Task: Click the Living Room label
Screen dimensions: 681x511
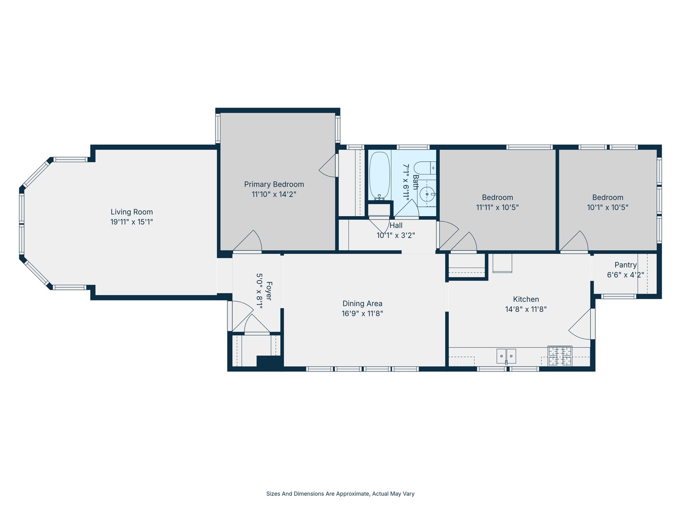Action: pos(131,212)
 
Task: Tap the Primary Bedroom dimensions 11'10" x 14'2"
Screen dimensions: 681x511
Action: pos(274,194)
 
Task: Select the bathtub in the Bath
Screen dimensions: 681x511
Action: pos(379,176)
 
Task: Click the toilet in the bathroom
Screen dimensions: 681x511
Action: pos(425,168)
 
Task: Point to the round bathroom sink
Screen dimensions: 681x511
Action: pos(427,194)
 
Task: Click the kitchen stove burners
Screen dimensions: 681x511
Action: pos(559,355)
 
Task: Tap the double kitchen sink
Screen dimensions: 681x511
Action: pos(506,356)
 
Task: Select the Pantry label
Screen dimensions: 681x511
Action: pos(626,265)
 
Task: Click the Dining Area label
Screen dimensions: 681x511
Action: pos(362,303)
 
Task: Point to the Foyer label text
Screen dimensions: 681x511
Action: pos(269,291)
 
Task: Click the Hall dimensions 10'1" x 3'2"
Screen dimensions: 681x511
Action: pos(395,236)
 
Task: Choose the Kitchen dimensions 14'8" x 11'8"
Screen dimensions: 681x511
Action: pos(526,309)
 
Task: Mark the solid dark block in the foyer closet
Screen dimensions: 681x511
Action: pos(269,361)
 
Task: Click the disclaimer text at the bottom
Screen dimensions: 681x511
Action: pos(340,493)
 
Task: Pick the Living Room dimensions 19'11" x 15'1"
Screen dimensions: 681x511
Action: pos(131,222)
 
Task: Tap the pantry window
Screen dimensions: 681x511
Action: pos(619,297)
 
